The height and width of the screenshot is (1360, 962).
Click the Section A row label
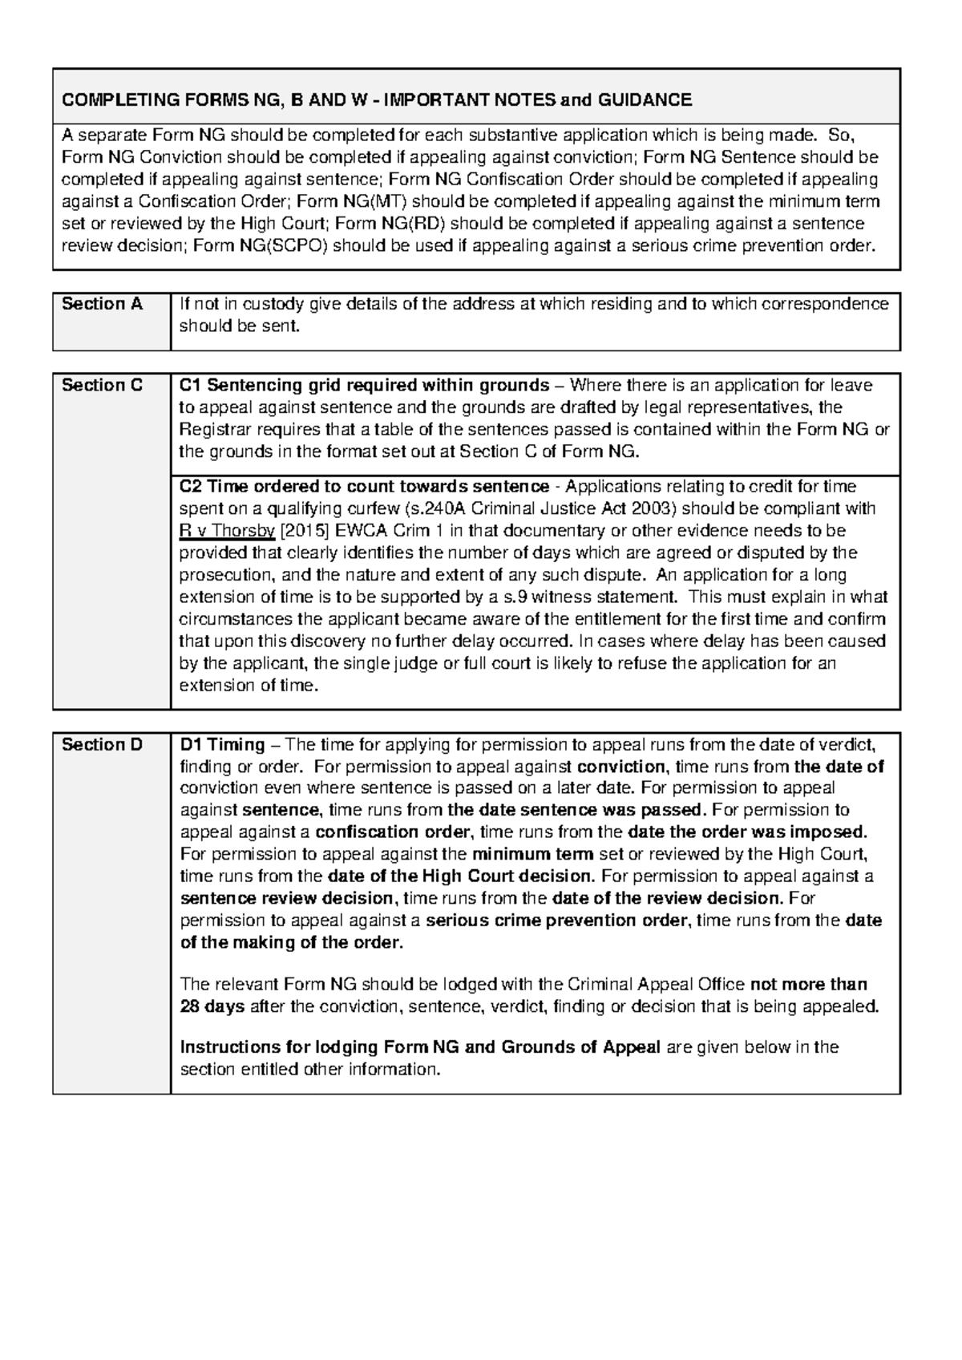tap(102, 304)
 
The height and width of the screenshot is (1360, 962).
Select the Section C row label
tap(102, 386)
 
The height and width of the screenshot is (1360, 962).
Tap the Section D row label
tap(102, 745)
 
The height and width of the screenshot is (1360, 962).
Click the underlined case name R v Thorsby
tap(227, 532)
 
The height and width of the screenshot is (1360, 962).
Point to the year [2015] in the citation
tap(305, 532)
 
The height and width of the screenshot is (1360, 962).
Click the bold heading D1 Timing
tap(222, 745)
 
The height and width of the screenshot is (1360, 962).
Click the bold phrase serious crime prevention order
tap(556, 921)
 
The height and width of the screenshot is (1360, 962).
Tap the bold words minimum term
tap(532, 855)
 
